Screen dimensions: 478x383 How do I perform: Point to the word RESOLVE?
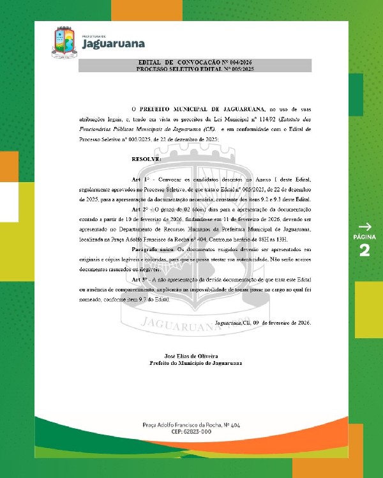(x=146, y=158)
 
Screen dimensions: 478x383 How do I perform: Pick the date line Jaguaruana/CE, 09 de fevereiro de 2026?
(x=262, y=323)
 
